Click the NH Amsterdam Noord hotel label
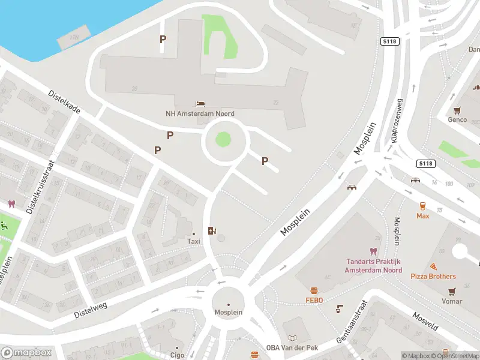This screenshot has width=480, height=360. tap(200, 113)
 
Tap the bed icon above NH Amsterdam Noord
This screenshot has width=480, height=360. tap(200, 104)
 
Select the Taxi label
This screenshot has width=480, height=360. tap(193, 241)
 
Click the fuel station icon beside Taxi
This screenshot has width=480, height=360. tap(211, 230)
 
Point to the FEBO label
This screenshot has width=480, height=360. tap(314, 300)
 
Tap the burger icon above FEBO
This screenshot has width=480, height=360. tap(314, 290)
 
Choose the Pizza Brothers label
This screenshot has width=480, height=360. tap(433, 277)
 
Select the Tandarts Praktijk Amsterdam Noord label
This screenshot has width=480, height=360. tap(373, 266)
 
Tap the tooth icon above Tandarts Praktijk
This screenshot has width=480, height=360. tap(373, 251)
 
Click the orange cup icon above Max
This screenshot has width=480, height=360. tap(422, 205)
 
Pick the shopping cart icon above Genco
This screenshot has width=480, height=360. tap(457, 110)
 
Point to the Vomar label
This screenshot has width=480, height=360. tap(451, 301)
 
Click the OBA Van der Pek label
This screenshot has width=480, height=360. tap(291, 348)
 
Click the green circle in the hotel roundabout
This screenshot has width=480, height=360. tap(223, 140)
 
